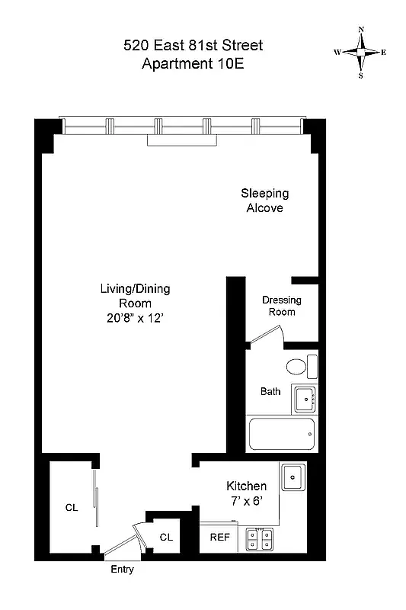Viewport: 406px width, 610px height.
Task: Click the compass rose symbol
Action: click(x=360, y=53)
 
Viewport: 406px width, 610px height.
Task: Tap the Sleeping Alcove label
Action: click(x=264, y=200)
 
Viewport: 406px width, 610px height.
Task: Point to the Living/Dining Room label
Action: click(x=135, y=296)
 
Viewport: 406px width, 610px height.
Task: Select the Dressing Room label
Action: click(x=281, y=306)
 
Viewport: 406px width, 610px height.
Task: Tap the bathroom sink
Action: click(x=305, y=396)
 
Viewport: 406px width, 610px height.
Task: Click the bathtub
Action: click(x=282, y=434)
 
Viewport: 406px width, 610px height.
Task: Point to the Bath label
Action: click(x=270, y=391)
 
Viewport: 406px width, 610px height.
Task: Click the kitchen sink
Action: click(x=293, y=478)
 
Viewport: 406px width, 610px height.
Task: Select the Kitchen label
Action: click(x=246, y=486)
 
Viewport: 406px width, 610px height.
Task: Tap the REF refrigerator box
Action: click(x=219, y=537)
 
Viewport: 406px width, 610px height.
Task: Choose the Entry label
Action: click(x=122, y=570)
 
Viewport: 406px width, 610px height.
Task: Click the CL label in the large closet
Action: click(x=71, y=507)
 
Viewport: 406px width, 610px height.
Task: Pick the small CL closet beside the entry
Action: click(x=166, y=537)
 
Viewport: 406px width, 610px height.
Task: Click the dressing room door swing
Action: click(x=268, y=334)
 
